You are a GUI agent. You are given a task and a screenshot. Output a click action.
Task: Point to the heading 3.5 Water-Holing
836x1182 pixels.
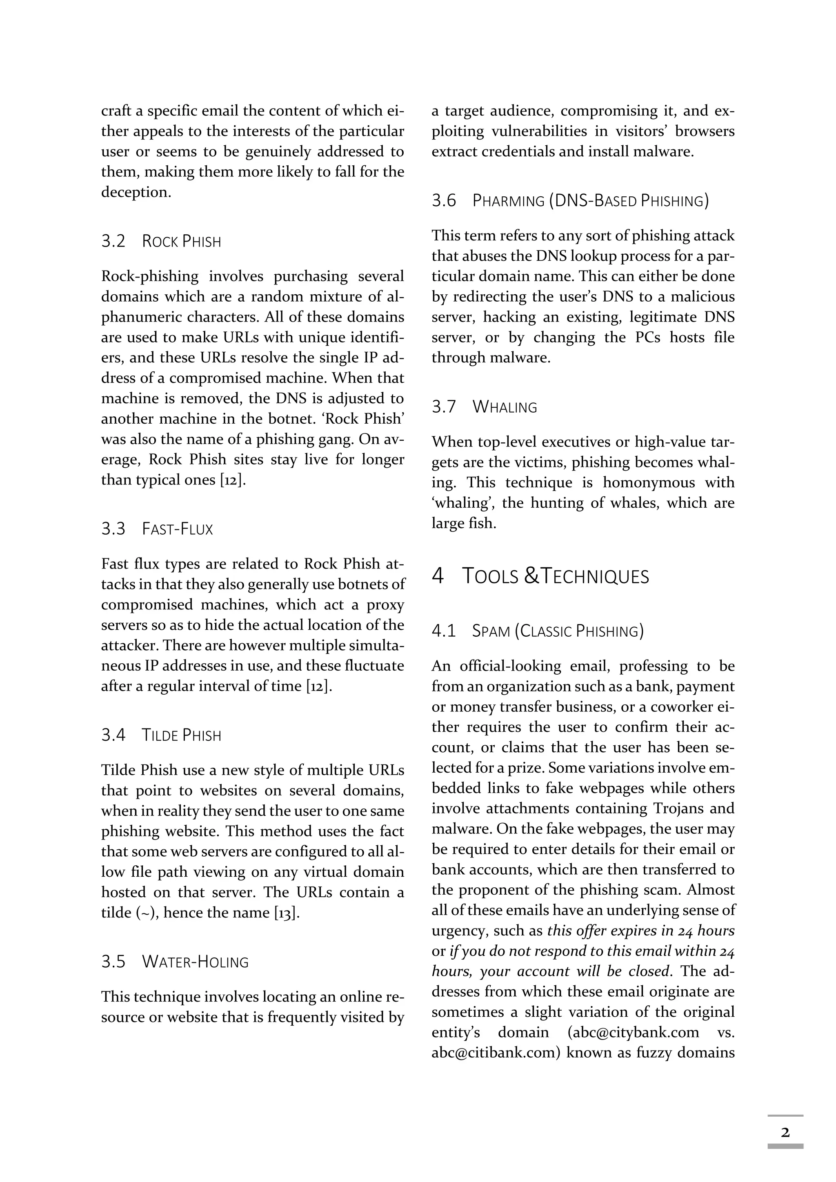[x=175, y=962]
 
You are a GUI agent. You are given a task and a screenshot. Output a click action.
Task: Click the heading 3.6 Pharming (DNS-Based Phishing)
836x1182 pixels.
[x=570, y=201]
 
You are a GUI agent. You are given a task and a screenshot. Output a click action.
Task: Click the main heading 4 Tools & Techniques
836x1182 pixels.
[x=540, y=576]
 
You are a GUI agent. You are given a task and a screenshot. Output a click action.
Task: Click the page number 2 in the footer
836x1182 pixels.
[x=785, y=1132]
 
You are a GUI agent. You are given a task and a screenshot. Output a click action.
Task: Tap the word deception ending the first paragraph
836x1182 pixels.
[x=136, y=192]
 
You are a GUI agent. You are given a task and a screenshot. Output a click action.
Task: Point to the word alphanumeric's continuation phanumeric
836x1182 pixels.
[x=142, y=317]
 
